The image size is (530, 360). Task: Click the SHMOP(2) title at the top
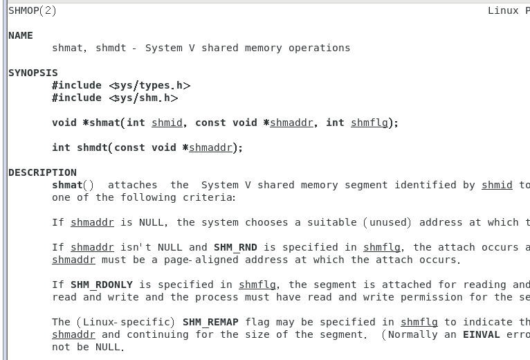(x=33, y=10)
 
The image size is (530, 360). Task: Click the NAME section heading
(x=21, y=35)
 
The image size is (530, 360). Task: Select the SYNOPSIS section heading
(x=33, y=73)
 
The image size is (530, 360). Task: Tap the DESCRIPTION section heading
(x=42, y=172)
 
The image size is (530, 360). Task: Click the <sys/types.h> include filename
(x=149, y=85)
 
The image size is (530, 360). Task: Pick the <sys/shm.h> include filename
(x=143, y=98)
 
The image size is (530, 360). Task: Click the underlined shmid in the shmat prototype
(x=167, y=123)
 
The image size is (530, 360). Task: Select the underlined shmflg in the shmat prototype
(x=369, y=123)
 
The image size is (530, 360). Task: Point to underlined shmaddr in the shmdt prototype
(x=210, y=147)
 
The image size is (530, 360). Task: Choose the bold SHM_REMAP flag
(x=210, y=322)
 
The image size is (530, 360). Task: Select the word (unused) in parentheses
(x=387, y=222)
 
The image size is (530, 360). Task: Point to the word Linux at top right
(x=503, y=10)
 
